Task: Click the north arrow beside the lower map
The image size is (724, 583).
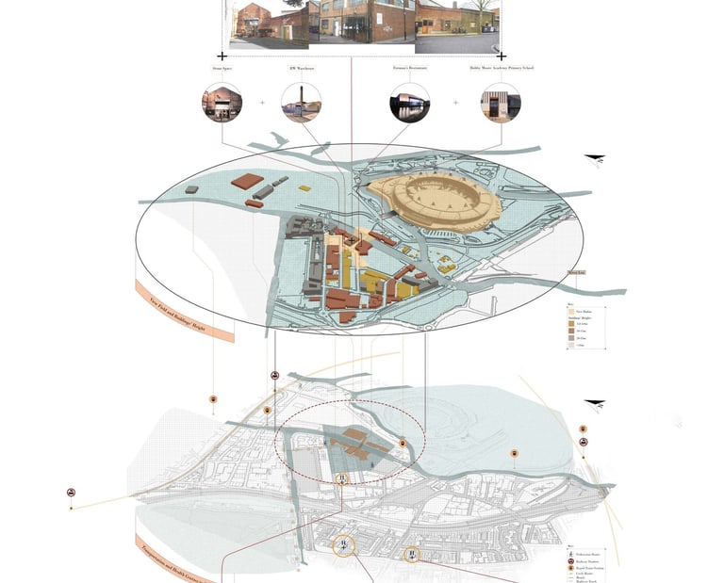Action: coord(594,404)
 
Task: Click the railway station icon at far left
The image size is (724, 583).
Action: coord(71,493)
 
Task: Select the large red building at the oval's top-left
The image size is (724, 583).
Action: coord(248,182)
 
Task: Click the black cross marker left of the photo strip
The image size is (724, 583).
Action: coord(222,56)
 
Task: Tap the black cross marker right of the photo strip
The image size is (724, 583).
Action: coord(501,56)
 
